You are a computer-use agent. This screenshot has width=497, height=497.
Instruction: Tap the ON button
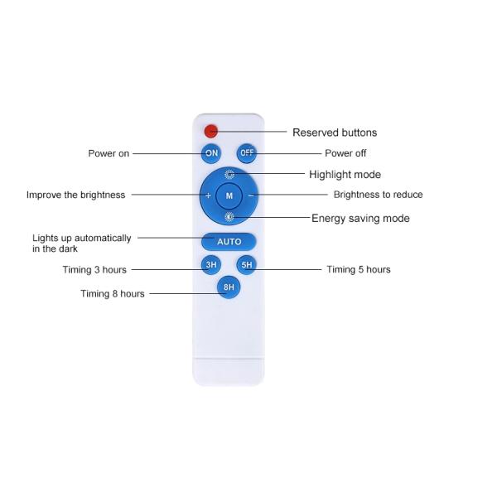tap(211, 153)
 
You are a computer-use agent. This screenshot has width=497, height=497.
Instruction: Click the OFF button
tap(247, 153)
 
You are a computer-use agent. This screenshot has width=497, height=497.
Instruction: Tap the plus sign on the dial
tap(208, 195)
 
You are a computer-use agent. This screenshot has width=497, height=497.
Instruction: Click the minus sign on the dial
tap(250, 195)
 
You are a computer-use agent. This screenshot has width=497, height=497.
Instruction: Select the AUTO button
tap(229, 242)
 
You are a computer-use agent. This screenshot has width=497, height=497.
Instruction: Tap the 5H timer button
tap(247, 265)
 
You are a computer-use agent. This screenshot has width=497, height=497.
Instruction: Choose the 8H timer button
tap(229, 287)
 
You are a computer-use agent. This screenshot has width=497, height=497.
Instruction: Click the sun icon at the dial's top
tap(229, 174)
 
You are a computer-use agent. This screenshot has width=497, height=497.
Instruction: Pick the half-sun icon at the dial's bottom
tap(229, 217)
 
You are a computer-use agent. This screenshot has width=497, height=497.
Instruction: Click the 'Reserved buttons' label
tap(335, 133)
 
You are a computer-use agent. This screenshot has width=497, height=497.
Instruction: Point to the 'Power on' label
tap(109, 153)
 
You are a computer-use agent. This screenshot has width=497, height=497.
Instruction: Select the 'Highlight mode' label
tap(345, 174)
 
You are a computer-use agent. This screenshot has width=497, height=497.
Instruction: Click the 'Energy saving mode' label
tap(360, 218)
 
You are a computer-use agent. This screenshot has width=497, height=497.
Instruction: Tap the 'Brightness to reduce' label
tap(379, 195)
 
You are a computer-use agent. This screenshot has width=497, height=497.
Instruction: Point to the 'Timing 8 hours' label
tap(113, 294)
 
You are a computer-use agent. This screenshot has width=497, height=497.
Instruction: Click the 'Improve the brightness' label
tap(75, 195)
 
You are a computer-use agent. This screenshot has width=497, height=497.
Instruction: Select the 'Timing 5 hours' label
tap(359, 269)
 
